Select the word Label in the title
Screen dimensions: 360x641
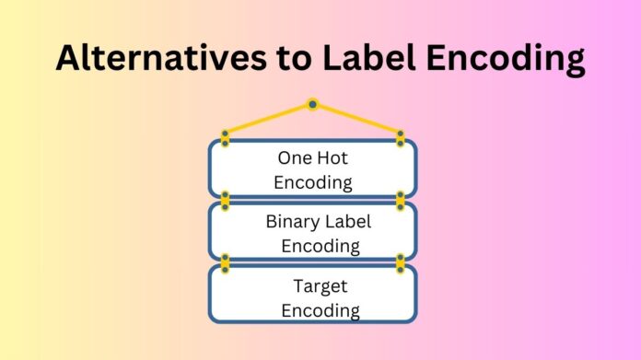tap(367, 57)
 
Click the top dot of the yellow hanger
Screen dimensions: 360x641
tap(313, 104)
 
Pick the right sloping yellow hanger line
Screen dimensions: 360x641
tap(357, 118)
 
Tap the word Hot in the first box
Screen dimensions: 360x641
tap(333, 157)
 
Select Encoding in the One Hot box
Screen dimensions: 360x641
tap(313, 181)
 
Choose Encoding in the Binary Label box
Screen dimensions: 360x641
tap(320, 246)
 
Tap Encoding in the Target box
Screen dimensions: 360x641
tap(320, 310)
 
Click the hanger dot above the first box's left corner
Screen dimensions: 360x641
tap(225, 135)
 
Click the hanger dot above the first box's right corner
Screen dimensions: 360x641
tap(401, 135)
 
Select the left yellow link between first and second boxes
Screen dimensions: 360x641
tap(225, 199)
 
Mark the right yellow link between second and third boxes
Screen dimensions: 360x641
tap(401, 262)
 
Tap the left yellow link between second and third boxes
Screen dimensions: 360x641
tap(225, 262)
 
